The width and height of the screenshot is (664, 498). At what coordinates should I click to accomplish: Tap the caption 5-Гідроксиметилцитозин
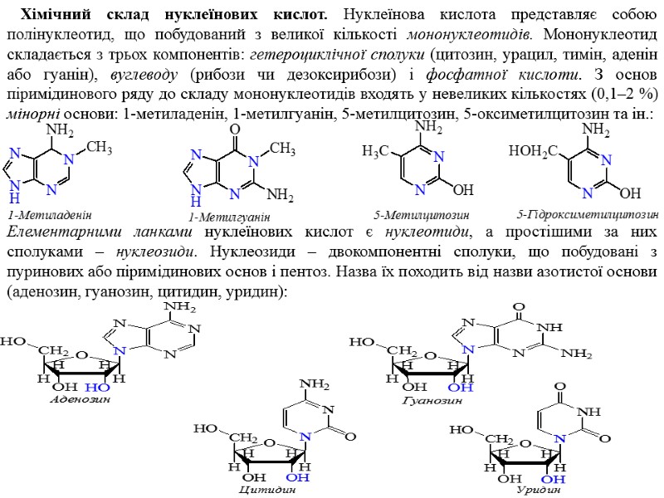(587, 213)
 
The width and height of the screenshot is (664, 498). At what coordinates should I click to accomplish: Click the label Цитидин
(266, 490)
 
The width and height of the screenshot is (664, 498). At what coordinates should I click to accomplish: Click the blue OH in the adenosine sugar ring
(98, 388)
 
